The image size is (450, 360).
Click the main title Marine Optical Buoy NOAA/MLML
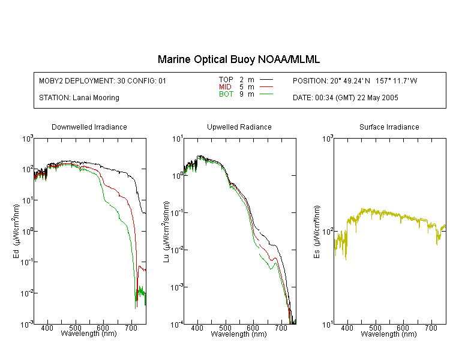[238, 59]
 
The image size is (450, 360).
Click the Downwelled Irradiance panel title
[89, 127]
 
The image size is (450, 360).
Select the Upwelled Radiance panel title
[239, 127]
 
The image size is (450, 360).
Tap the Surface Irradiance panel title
[389, 127]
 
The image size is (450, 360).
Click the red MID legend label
[225, 86]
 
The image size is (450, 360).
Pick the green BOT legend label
[226, 94]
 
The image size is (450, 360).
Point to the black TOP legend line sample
[266, 80]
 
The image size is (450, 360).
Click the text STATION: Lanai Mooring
[79, 98]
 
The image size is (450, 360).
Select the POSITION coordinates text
[355, 81]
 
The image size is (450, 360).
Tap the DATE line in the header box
[345, 98]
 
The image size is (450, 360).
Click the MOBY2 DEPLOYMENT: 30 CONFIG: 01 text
[103, 81]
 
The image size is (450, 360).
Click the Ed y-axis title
[16, 232]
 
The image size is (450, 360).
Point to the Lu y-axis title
[166, 232]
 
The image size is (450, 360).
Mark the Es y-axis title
[317, 232]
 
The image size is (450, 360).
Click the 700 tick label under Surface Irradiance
[431, 328]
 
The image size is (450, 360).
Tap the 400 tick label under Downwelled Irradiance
[47, 328]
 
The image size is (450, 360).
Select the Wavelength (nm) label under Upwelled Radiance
[239, 334]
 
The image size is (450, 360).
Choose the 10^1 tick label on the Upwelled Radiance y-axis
[178, 139]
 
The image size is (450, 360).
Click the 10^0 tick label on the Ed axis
[27, 232]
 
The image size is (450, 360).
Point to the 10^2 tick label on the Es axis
[328, 232]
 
